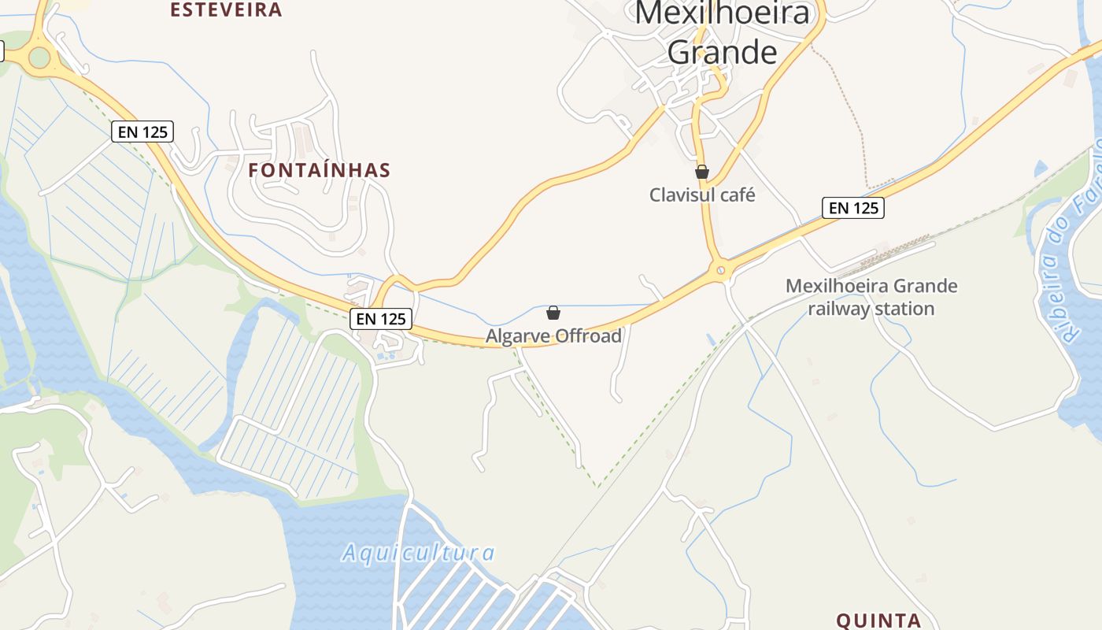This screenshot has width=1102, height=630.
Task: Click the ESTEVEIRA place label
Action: click(226, 10)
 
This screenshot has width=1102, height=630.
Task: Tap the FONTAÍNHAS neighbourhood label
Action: click(320, 170)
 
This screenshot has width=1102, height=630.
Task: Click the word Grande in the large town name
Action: click(722, 52)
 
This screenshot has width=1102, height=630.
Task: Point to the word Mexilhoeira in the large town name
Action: click(722, 13)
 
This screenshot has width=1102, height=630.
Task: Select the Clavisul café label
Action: click(701, 195)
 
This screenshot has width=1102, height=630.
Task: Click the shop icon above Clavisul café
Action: click(702, 172)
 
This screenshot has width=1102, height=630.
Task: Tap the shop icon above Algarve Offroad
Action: click(553, 313)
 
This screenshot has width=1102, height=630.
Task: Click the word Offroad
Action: click(588, 336)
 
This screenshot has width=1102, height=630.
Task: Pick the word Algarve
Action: click(518, 336)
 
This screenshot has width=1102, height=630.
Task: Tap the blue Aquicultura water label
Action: click(418, 553)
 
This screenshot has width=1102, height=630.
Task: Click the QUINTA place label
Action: click(878, 621)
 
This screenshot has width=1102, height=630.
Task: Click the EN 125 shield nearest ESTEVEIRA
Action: click(142, 132)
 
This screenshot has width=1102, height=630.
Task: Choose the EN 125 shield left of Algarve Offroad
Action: click(381, 319)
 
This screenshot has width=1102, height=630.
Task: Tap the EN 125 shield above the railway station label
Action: click(853, 208)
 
